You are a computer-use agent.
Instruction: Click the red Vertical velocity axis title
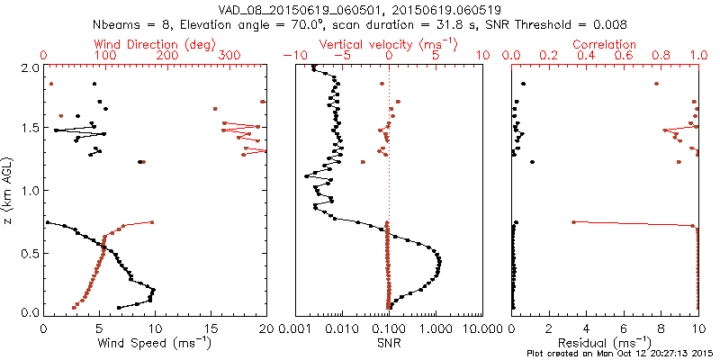(x=388, y=44)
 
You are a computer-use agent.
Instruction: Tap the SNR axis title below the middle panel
(x=388, y=343)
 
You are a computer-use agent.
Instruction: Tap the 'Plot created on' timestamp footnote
(x=619, y=354)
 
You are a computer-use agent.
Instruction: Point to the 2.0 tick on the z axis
(x=31, y=67)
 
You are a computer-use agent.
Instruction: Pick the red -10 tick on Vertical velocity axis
(x=290, y=55)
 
